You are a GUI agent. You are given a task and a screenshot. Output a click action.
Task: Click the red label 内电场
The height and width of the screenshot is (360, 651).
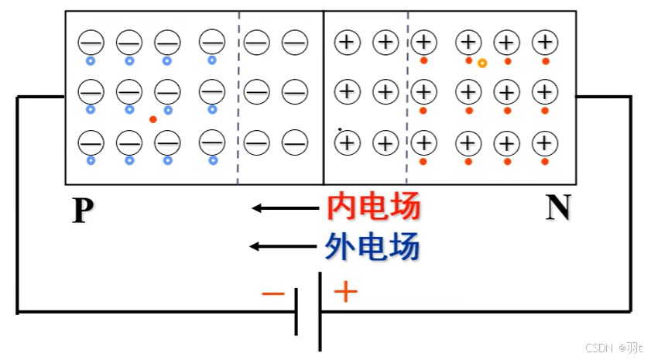374,207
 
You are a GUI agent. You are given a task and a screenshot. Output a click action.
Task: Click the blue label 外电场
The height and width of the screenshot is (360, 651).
374,247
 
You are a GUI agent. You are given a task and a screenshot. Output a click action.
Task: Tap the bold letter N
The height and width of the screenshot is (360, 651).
557,207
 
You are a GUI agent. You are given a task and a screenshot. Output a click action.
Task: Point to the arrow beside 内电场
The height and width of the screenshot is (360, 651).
285,207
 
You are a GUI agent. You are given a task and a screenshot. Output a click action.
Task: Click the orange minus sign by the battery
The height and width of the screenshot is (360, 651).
273,294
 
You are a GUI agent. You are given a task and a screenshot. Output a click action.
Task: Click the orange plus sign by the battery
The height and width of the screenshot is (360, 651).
345,293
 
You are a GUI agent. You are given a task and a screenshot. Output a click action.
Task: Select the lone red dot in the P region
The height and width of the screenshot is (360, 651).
152,119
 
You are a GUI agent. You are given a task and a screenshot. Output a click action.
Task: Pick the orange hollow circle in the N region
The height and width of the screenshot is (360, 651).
482,63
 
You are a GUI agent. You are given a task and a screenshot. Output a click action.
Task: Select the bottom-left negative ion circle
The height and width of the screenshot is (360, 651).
91,142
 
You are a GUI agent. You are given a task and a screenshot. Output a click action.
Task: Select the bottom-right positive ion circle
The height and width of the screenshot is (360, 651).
545,143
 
